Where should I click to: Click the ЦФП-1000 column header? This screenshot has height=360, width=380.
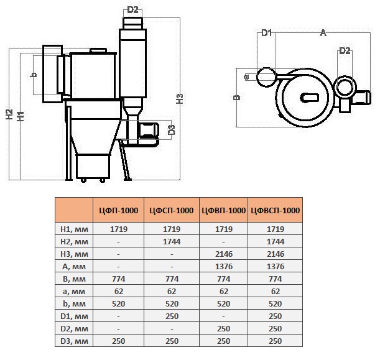pyautogui.click(x=119, y=210)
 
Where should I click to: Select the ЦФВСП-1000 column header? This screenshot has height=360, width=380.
pyautogui.click(x=276, y=210)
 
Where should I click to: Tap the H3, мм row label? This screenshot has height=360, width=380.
pyautogui.click(x=74, y=254)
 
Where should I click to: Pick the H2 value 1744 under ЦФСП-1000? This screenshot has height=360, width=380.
pyautogui.click(x=172, y=241)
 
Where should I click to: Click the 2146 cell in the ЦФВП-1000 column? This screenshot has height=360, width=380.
pyautogui.click(x=224, y=254)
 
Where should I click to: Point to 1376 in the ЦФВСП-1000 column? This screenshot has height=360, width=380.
pyautogui.click(x=276, y=267)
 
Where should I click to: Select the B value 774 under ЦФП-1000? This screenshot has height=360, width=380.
pyautogui.click(x=119, y=279)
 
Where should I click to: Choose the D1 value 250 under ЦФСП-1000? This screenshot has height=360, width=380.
pyautogui.click(x=172, y=316)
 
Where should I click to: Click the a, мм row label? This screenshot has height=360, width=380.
pyautogui.click(x=74, y=291)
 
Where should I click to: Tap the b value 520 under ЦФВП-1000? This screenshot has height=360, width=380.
pyautogui.click(x=223, y=304)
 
